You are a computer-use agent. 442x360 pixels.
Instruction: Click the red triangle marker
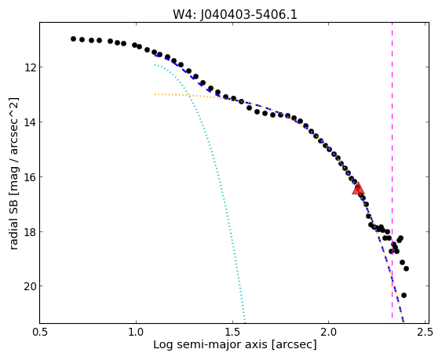pyautogui.click(x=358, y=189)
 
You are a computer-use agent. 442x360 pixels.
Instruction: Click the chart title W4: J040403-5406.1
pyautogui.click(x=235, y=15)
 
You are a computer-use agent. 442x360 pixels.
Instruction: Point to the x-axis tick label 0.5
pyautogui.click(x=40, y=332)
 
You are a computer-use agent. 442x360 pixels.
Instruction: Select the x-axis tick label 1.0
pyautogui.click(x=136, y=332)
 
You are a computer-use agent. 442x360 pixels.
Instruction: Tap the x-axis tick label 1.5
pyautogui.click(x=232, y=332)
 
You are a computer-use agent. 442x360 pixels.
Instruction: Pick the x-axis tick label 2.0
pyautogui.click(x=329, y=332)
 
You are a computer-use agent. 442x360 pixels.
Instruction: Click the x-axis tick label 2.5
pyautogui.click(x=425, y=332)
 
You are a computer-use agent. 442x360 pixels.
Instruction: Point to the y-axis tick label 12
pyautogui.click(x=30, y=67)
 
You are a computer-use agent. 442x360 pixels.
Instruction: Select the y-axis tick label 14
pyautogui.click(x=30, y=122)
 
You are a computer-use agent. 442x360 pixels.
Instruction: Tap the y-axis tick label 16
pyautogui.click(x=30, y=177)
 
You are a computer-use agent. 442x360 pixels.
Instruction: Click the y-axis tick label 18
pyautogui.click(x=30, y=232)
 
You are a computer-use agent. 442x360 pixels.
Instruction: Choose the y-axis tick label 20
pyautogui.click(x=30, y=286)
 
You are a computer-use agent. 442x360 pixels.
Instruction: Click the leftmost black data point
pyautogui.click(x=73, y=39)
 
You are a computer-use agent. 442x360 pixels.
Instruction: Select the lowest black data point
pyautogui.click(x=404, y=295)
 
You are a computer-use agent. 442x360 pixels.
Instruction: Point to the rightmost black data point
pyautogui.click(x=406, y=269)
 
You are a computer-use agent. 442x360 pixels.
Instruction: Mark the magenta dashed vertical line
pyautogui.click(x=392, y=173)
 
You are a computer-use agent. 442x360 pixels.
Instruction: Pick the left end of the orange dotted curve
pyautogui.click(x=155, y=94)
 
